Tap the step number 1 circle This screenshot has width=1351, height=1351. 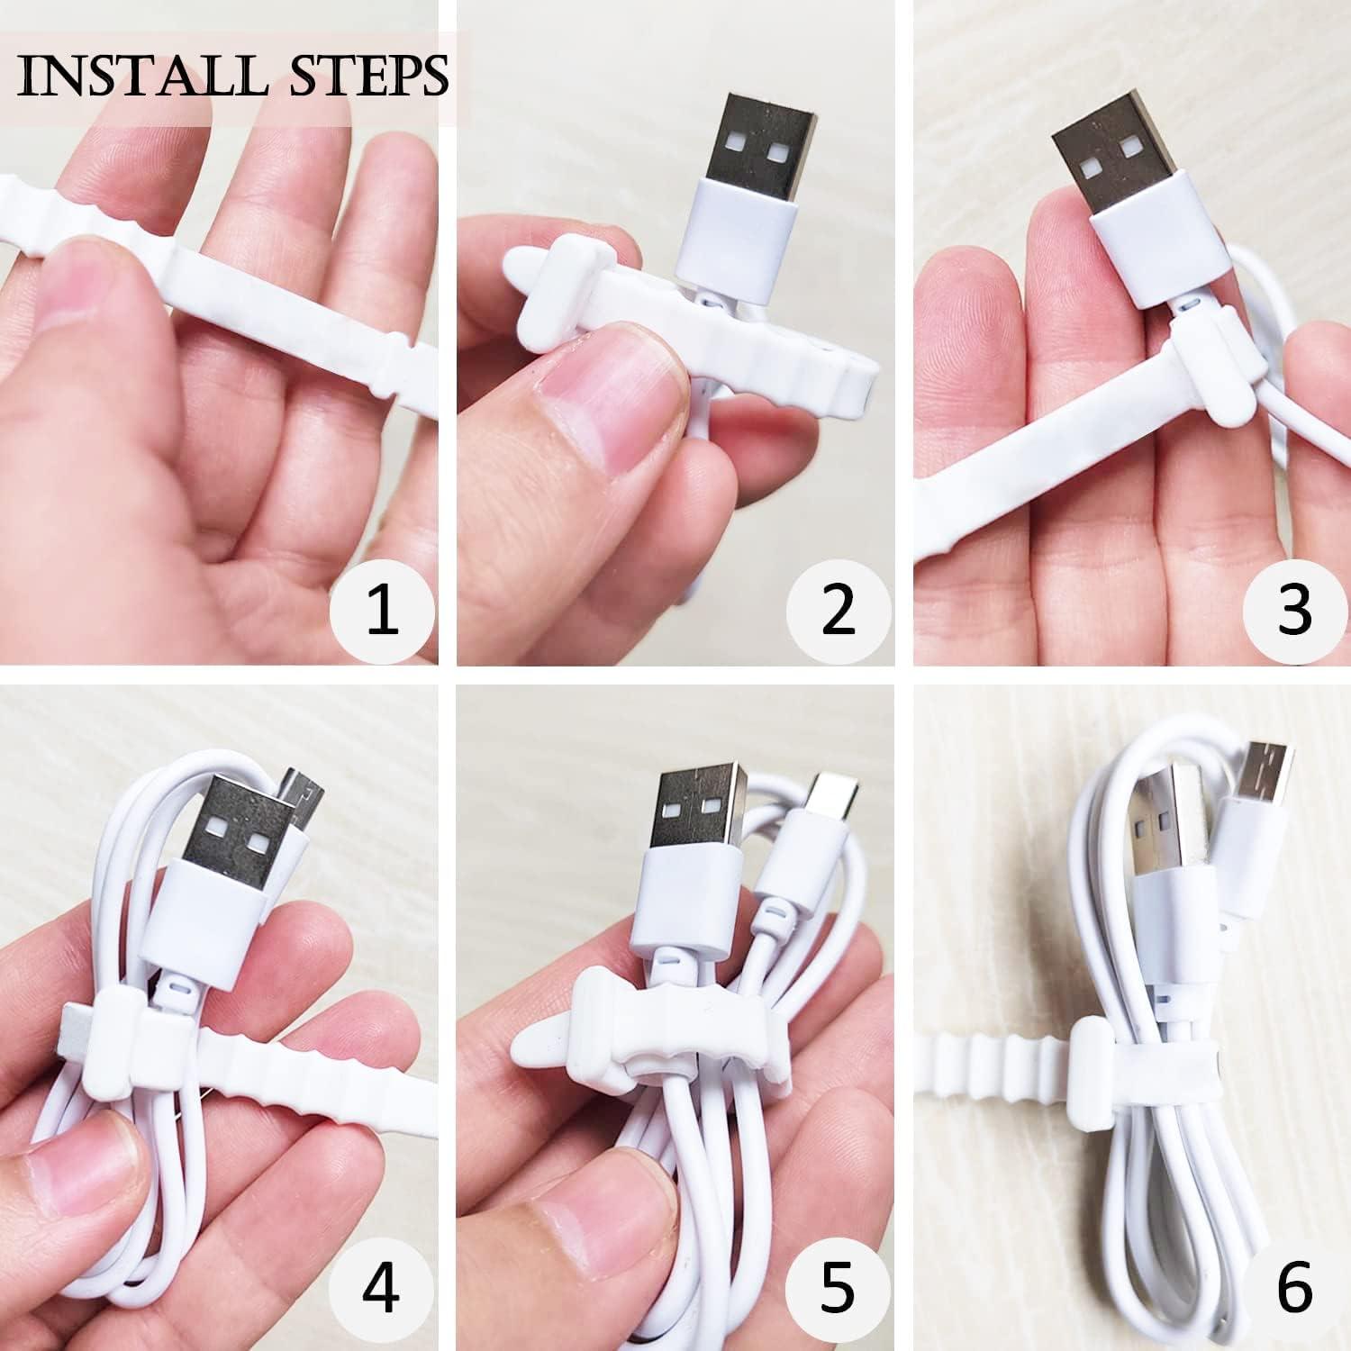(x=383, y=609)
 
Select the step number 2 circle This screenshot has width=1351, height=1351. (x=839, y=609)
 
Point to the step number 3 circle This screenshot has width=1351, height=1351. (x=1294, y=609)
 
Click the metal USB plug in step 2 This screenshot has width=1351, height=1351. (x=757, y=135)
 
